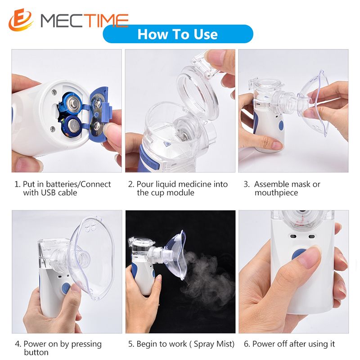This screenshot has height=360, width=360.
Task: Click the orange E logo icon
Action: (x=21, y=20)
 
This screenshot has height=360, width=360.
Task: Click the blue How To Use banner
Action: (x=178, y=34)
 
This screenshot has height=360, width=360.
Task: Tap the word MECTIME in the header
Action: (x=84, y=20)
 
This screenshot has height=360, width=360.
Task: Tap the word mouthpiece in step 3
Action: (x=276, y=193)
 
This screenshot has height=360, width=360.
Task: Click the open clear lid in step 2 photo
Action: (x=198, y=90)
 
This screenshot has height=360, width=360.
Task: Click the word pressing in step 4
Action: (x=86, y=344)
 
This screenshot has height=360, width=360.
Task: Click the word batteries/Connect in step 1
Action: (x=78, y=184)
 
